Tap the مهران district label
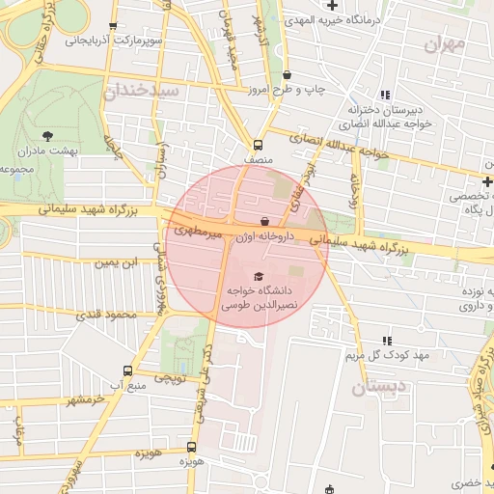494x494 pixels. [444, 44]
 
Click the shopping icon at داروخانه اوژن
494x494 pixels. [265, 222]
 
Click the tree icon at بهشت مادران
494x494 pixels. [49, 137]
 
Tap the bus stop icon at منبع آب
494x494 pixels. [128, 370]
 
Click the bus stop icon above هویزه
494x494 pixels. [191, 447]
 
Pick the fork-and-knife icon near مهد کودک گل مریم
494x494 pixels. [388, 341]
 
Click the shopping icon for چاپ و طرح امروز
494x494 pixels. [287, 74]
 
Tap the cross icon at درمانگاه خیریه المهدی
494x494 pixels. [332, 7]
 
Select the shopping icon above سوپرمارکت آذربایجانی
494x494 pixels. [114, 26]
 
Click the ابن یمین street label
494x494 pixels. [113, 262]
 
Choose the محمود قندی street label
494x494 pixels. [107, 315]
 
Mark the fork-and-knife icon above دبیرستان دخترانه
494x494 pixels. [386, 95]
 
